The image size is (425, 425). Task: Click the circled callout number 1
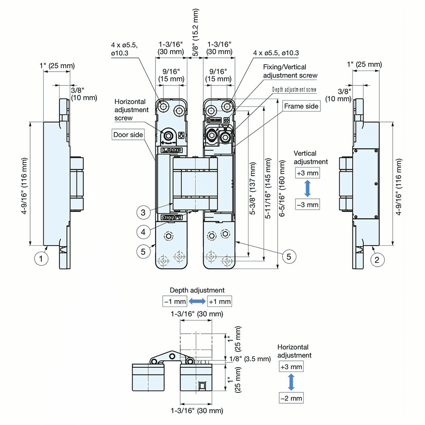41,258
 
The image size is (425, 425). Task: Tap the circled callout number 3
144,212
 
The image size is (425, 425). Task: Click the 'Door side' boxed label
128,135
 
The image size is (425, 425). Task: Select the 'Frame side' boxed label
301,106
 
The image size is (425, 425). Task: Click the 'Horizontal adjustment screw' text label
131,110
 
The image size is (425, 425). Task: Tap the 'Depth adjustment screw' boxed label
294,90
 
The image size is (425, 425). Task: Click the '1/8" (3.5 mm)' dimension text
249,359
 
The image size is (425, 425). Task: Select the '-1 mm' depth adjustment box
175,301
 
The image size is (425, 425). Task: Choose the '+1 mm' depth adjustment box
220,301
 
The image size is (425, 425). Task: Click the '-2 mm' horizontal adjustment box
291,398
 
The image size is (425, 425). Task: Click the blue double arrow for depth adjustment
197,301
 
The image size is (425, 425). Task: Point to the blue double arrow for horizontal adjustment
291,382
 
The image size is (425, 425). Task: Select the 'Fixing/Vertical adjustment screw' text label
290,71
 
